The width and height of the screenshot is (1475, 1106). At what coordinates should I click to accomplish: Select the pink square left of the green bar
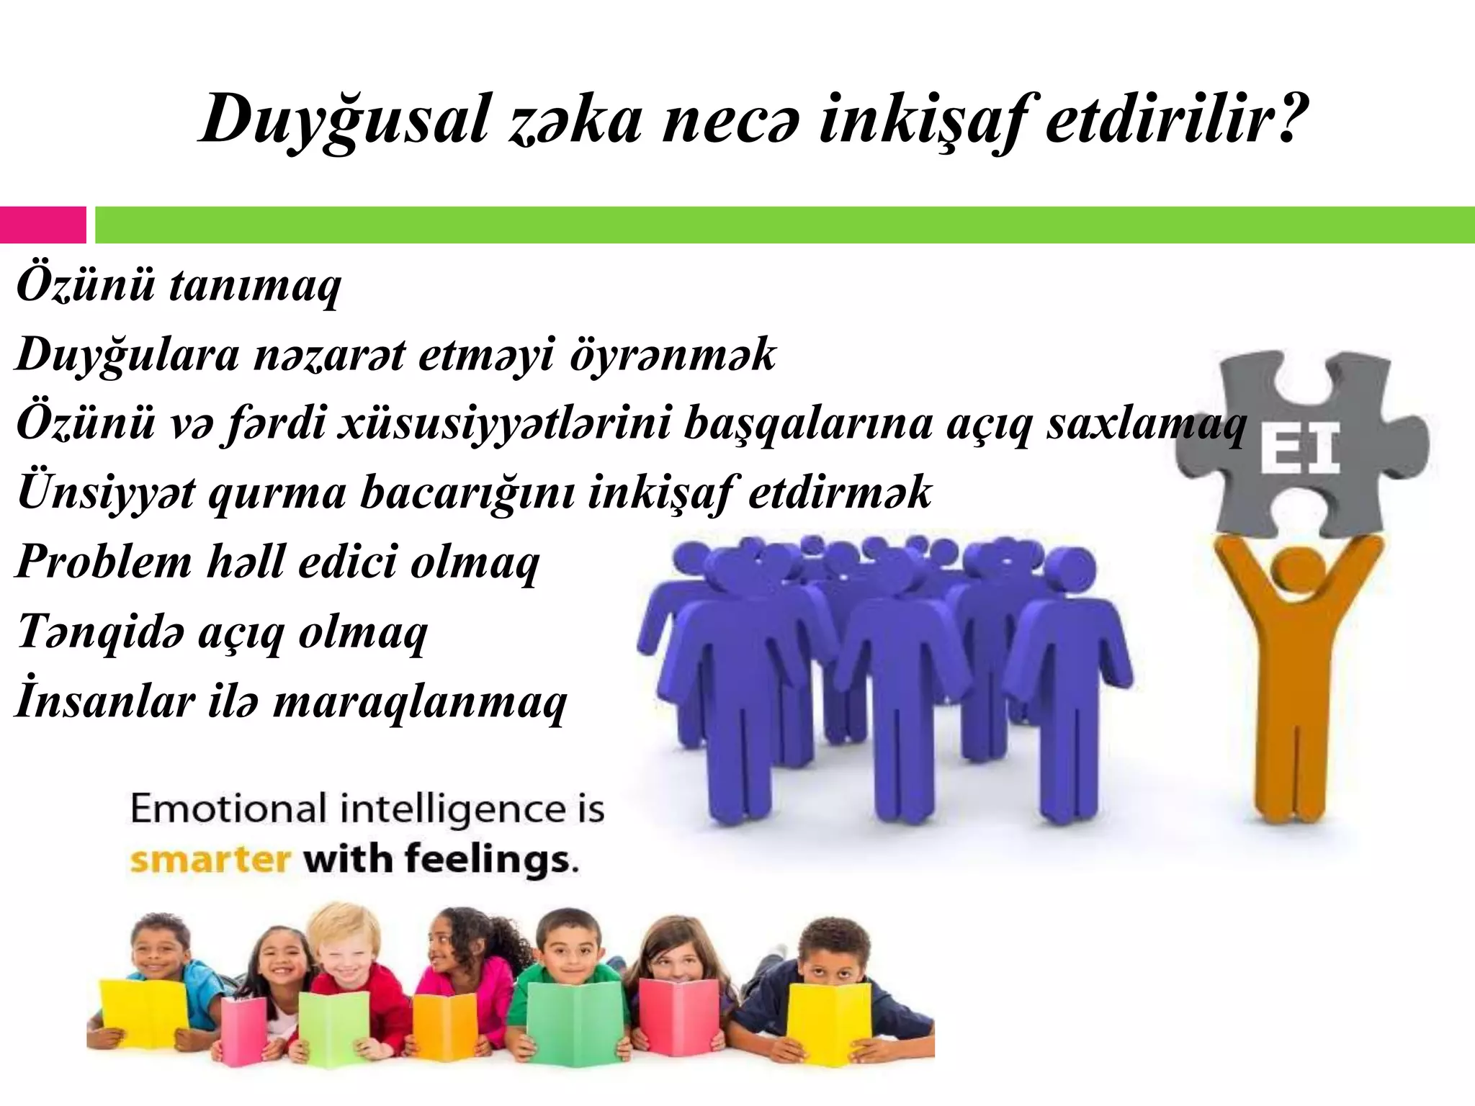pos(42,225)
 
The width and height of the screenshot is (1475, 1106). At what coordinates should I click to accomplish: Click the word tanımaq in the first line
pos(254,285)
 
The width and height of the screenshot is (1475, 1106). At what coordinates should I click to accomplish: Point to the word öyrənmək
pos(673,354)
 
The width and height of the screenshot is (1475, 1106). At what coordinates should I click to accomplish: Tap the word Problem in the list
pos(103,562)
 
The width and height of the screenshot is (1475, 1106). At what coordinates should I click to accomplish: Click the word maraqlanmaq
pos(420,701)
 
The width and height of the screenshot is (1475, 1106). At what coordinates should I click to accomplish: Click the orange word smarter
pos(210,860)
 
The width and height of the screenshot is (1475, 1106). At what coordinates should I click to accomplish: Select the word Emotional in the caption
pos(228,809)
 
